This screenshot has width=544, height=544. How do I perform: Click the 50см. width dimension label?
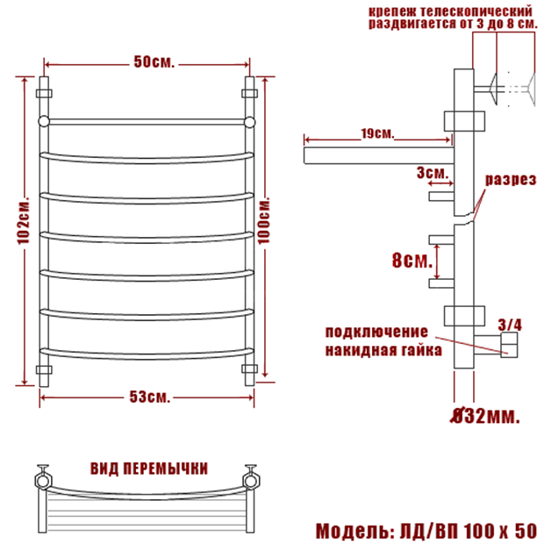point(154,62)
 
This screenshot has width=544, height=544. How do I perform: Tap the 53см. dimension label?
point(150,397)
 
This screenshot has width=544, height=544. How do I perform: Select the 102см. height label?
point(24,221)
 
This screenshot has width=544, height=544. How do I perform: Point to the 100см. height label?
point(264,221)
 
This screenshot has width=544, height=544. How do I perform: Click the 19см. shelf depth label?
point(377,133)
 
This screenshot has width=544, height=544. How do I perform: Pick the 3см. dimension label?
point(433,173)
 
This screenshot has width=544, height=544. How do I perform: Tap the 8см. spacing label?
point(412,260)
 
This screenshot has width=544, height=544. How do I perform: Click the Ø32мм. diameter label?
point(485,416)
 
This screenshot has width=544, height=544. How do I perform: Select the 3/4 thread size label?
point(510,325)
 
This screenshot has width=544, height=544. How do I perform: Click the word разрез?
point(511,180)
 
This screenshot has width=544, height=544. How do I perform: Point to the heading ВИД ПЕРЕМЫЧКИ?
point(149,469)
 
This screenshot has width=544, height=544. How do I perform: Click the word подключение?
point(376,333)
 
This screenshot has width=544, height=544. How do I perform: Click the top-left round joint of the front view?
point(44,122)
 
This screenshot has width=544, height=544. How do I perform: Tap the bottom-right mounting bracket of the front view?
point(249,369)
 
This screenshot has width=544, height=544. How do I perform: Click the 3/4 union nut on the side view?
point(509,345)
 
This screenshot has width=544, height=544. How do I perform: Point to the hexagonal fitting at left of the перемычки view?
point(43,481)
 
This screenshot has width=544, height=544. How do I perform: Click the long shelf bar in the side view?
point(379,155)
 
